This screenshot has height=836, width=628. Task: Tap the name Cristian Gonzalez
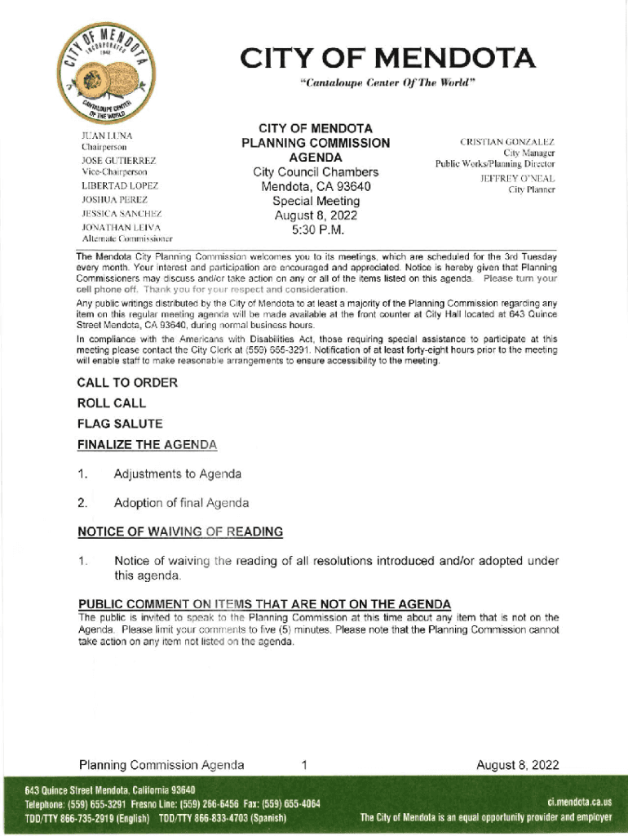click(x=507, y=142)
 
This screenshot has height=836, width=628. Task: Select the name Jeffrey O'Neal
click(x=517, y=178)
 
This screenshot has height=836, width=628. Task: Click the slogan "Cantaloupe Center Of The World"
click(x=387, y=82)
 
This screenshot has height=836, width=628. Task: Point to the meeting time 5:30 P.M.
click(x=316, y=230)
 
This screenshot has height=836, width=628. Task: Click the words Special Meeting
click(x=316, y=201)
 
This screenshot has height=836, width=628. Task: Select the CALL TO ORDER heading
click(x=127, y=383)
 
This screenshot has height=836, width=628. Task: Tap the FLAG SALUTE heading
click(x=120, y=424)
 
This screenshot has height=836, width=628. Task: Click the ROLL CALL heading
click(x=112, y=403)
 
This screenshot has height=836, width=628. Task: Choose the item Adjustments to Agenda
click(x=178, y=474)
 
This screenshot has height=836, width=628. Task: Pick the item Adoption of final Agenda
click(x=182, y=503)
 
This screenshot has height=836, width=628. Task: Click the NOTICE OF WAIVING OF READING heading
click(x=180, y=532)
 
